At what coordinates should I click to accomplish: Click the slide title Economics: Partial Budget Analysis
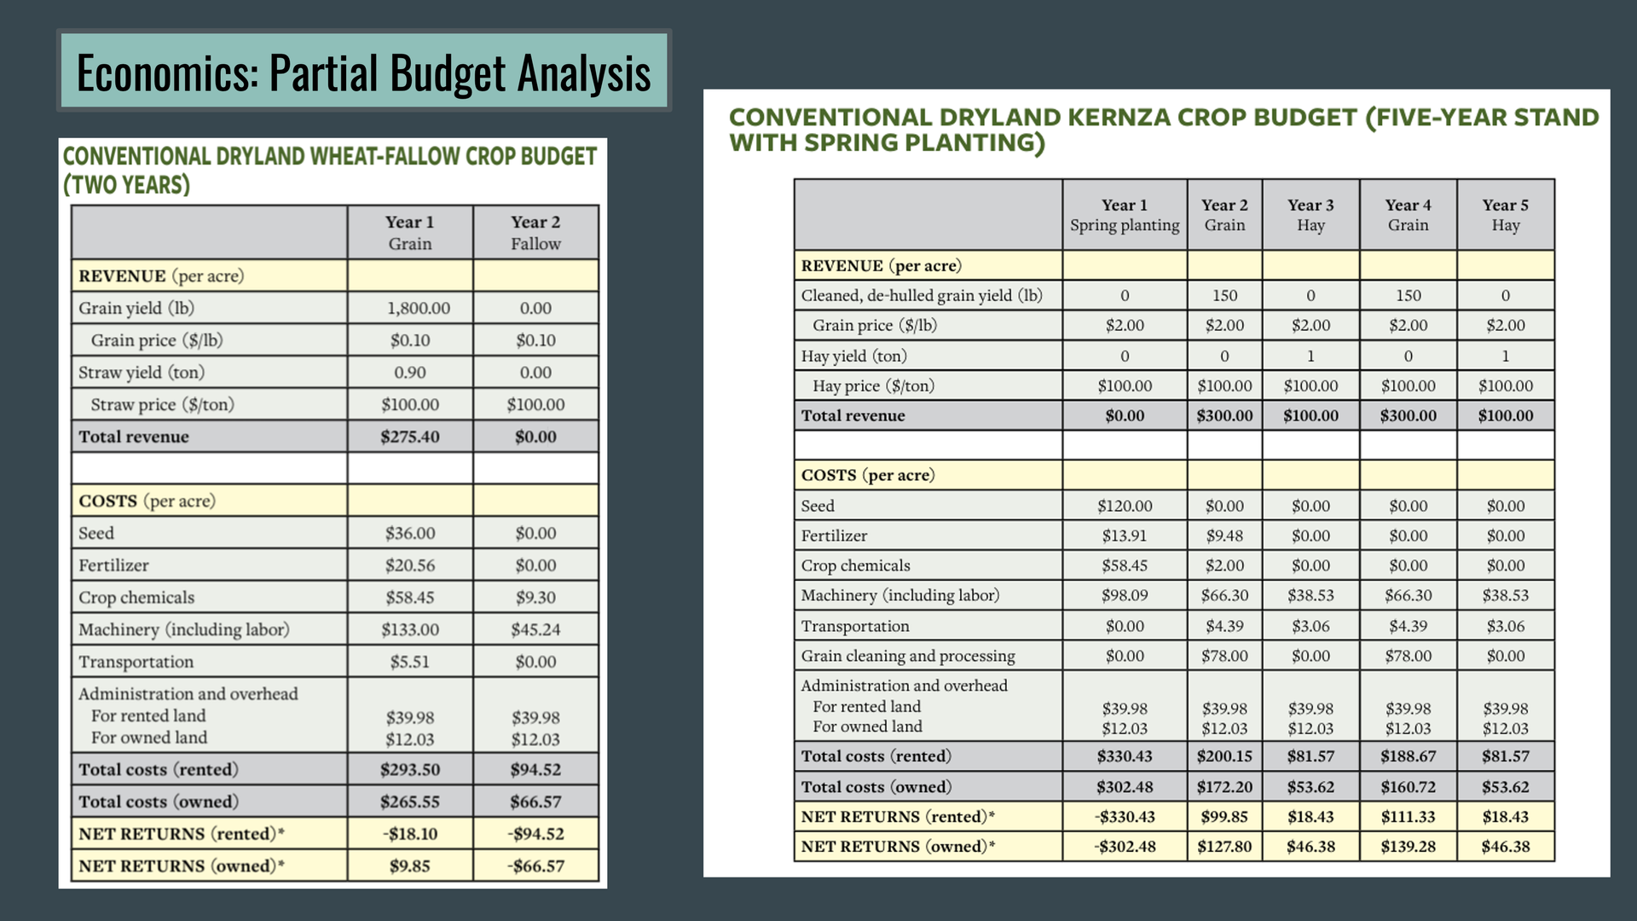point(363,72)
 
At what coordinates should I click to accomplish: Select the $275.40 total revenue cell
point(409,437)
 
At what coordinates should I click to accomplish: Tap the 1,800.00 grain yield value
point(418,308)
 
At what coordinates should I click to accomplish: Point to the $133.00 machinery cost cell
point(409,629)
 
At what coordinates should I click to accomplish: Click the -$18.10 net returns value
point(409,833)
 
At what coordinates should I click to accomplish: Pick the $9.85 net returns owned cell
point(409,866)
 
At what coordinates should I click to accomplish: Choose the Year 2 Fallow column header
point(535,232)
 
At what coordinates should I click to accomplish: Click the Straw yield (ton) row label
point(142,372)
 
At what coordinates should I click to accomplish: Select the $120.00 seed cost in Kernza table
point(1124,506)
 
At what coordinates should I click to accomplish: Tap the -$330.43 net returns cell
point(1124,816)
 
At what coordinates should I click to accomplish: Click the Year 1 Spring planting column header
point(1124,215)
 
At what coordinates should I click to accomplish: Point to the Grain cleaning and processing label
point(907,656)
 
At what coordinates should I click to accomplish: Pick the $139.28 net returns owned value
point(1408,846)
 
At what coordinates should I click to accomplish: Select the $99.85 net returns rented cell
point(1224,816)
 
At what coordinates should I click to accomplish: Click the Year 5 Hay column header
point(1505,215)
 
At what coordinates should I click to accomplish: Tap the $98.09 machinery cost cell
point(1124,595)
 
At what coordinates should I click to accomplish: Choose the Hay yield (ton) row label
point(853,356)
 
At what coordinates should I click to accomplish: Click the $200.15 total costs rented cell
point(1224,756)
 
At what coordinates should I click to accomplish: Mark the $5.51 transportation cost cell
point(409,662)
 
